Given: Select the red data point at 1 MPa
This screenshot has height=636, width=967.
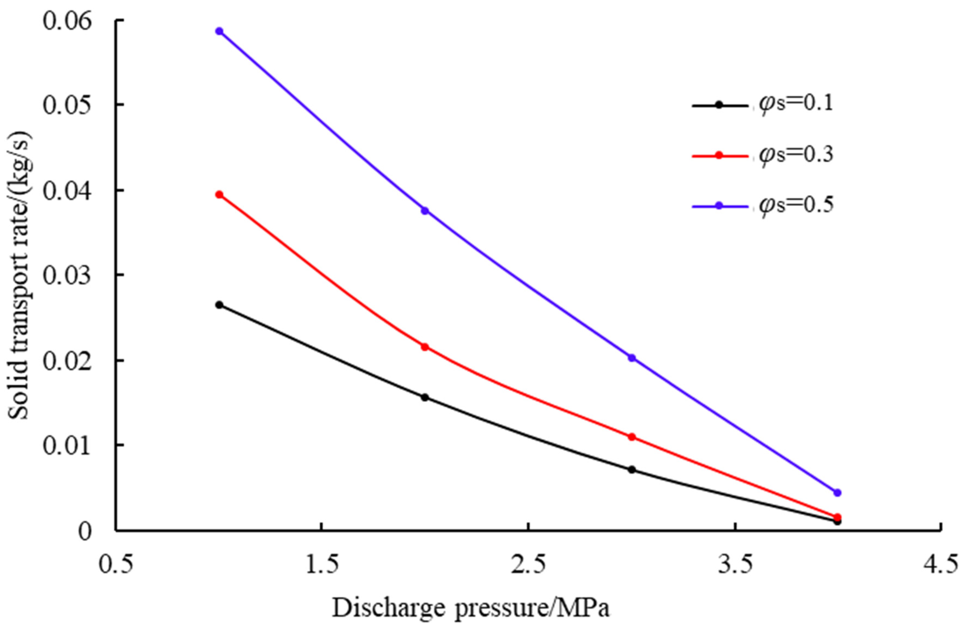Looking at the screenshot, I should (x=219, y=195).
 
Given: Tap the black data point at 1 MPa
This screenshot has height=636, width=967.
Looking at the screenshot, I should (x=219, y=305).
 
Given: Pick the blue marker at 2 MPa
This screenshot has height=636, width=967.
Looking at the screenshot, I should (x=425, y=211).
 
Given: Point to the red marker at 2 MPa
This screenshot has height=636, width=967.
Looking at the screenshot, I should (x=425, y=347).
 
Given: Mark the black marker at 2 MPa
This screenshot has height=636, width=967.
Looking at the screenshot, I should (x=425, y=398).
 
